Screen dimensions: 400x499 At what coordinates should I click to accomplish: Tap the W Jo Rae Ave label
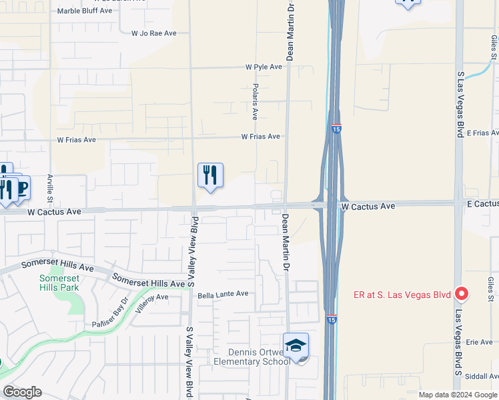coord(153,33)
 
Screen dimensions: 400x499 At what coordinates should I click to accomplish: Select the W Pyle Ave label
coord(266,67)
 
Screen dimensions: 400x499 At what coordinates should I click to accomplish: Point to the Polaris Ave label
coord(256,101)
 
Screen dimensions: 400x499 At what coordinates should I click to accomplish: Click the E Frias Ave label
coord(482,133)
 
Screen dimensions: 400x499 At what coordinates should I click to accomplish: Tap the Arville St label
coord(50,188)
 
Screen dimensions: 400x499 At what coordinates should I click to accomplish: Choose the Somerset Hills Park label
coord(59,283)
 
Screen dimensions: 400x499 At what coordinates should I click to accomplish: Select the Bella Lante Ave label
coord(223,293)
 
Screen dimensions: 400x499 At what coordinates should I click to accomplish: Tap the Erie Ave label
coord(479,342)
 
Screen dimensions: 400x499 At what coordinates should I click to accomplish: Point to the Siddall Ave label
coord(482,376)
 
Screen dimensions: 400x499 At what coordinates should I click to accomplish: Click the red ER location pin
coord(460,293)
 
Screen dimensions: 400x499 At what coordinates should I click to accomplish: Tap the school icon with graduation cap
coord(296,345)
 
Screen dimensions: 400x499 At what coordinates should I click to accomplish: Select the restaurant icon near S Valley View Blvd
coord(210,175)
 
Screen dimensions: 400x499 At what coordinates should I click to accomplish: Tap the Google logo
coord(23,392)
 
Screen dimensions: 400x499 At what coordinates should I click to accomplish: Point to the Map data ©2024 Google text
coord(457,395)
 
